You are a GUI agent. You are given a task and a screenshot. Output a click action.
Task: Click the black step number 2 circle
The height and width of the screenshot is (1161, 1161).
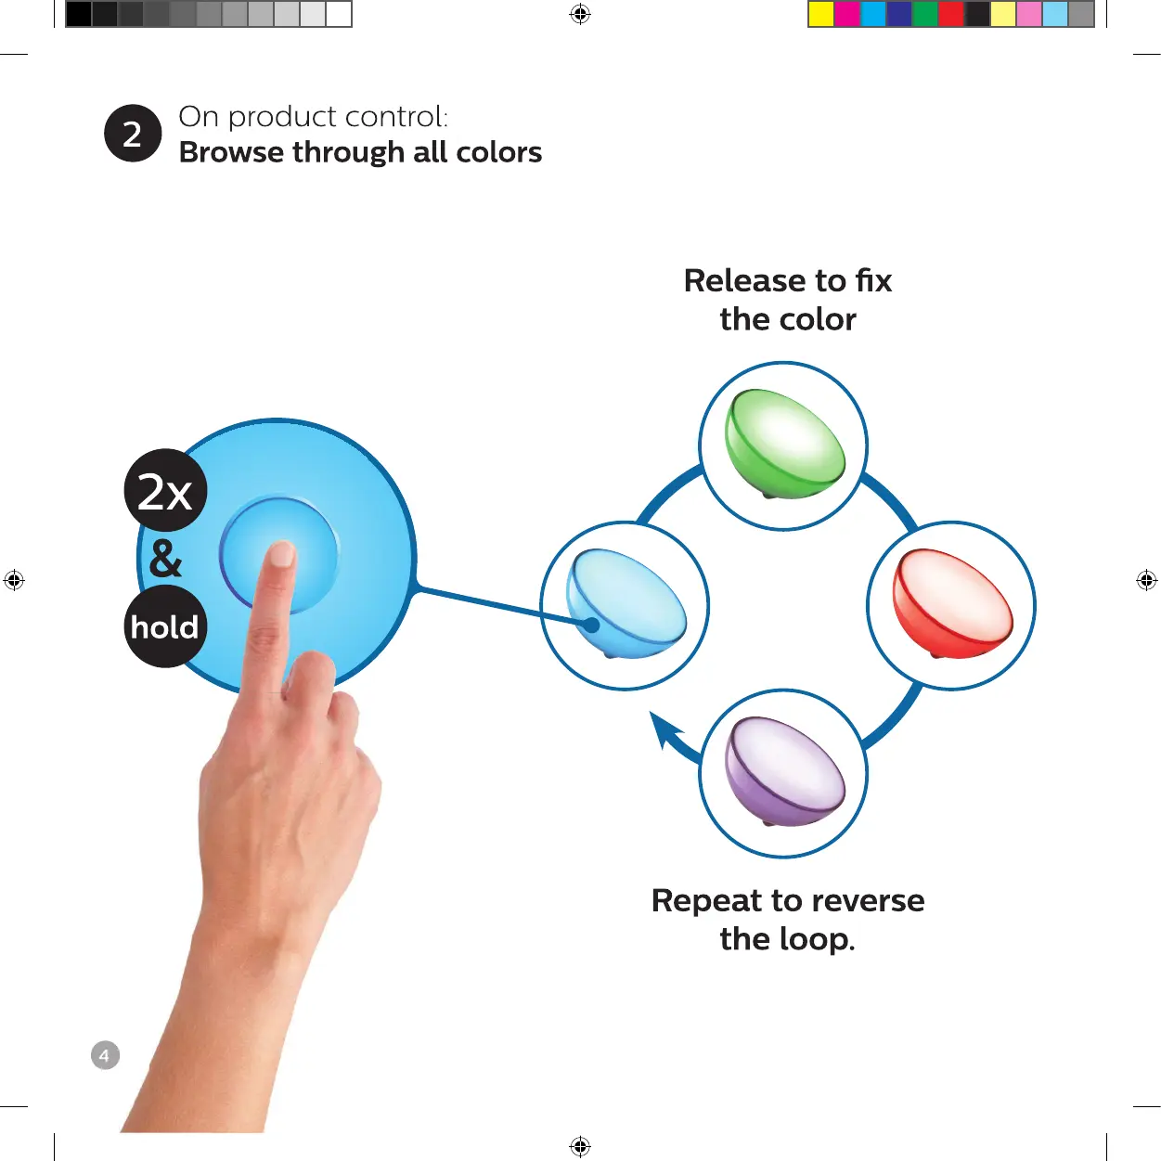(x=133, y=134)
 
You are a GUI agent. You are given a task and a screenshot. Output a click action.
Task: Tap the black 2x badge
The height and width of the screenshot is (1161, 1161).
(x=165, y=491)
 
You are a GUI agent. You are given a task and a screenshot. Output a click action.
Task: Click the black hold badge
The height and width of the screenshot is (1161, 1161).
(x=165, y=626)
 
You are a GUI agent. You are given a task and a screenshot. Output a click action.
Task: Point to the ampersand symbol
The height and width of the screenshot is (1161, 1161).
(x=165, y=559)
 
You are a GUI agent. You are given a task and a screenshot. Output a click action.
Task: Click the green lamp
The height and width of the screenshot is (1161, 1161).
(x=784, y=444)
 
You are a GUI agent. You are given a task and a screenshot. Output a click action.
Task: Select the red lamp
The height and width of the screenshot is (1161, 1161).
(x=951, y=604)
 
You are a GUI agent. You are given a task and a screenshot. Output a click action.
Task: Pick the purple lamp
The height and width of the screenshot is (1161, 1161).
(x=784, y=771)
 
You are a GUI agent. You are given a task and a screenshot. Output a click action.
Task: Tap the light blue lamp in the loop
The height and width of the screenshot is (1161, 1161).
(x=627, y=604)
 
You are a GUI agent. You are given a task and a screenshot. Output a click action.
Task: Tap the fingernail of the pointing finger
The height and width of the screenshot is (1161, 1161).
(x=280, y=554)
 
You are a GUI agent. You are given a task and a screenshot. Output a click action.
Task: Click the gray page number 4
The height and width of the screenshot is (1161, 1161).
(x=105, y=1055)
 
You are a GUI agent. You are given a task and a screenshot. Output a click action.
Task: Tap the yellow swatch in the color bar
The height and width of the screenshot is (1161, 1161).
(x=821, y=14)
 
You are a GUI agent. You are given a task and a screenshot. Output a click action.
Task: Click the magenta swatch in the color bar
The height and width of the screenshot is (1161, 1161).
(x=847, y=14)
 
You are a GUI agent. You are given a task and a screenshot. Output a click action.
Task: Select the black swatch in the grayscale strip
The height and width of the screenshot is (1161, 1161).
(x=79, y=14)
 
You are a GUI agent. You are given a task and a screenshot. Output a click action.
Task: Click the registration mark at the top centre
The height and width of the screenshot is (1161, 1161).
(x=580, y=14)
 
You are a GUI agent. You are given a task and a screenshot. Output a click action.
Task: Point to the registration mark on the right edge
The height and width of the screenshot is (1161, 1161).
(x=1146, y=580)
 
